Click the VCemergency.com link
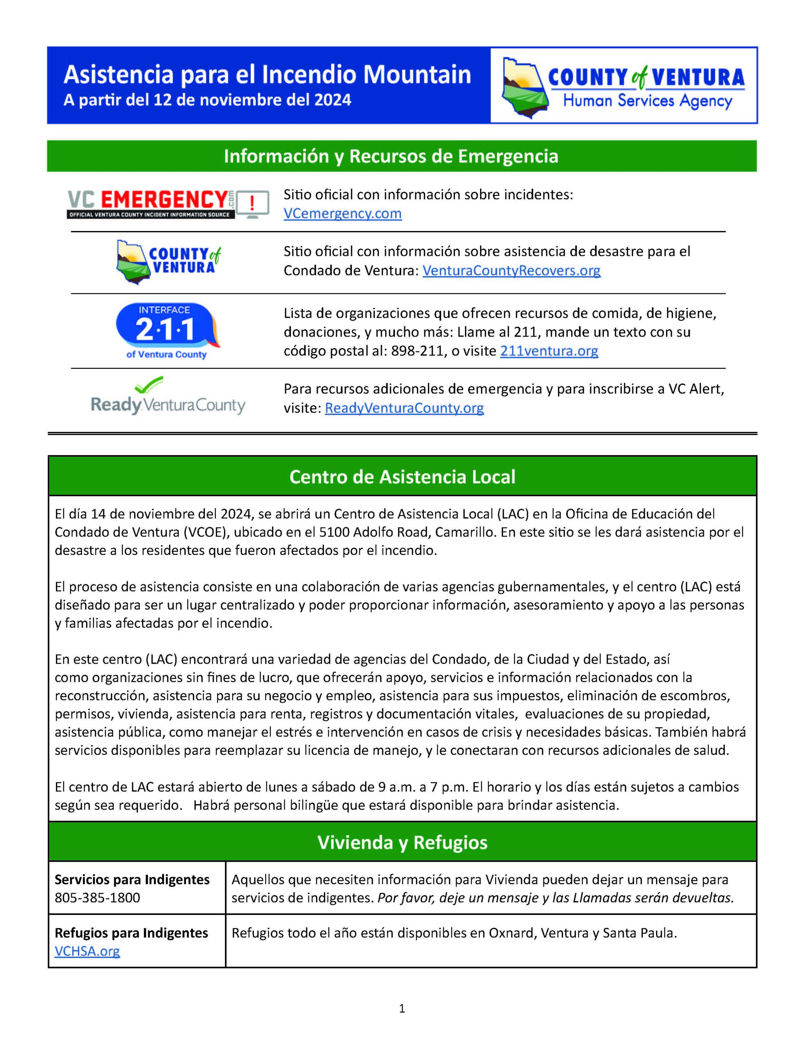pos(342,213)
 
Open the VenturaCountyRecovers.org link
pos(511,271)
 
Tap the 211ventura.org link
pos(549,351)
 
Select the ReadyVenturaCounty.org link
pos(404,408)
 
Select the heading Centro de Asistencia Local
pos(402,477)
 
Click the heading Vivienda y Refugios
pos(402,843)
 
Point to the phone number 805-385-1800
pos(97,898)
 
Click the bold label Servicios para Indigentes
pos(132,880)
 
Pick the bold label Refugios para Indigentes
pos(131,933)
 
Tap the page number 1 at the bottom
pos(401,1008)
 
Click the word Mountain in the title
pos(417,75)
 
